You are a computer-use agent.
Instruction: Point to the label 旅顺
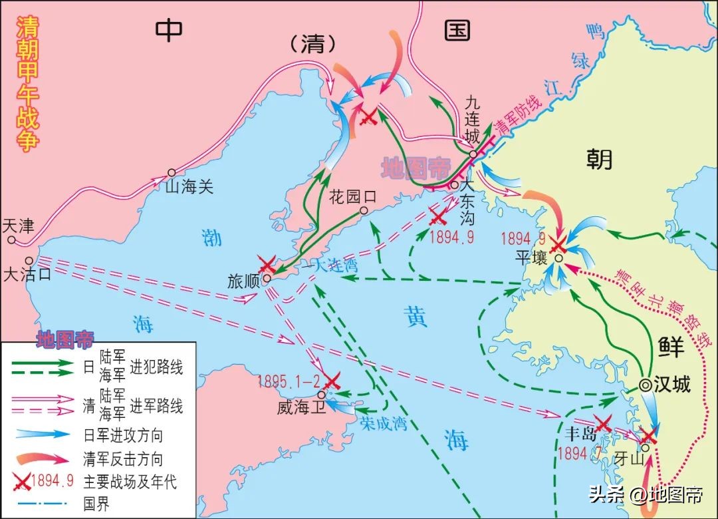click(243, 281)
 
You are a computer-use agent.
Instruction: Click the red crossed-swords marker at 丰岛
click(602, 424)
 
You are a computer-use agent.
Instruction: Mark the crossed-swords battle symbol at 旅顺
click(267, 265)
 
